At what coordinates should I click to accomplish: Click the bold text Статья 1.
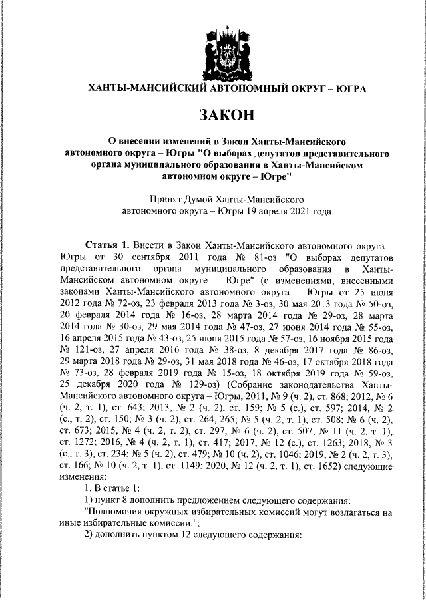tap(108, 245)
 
